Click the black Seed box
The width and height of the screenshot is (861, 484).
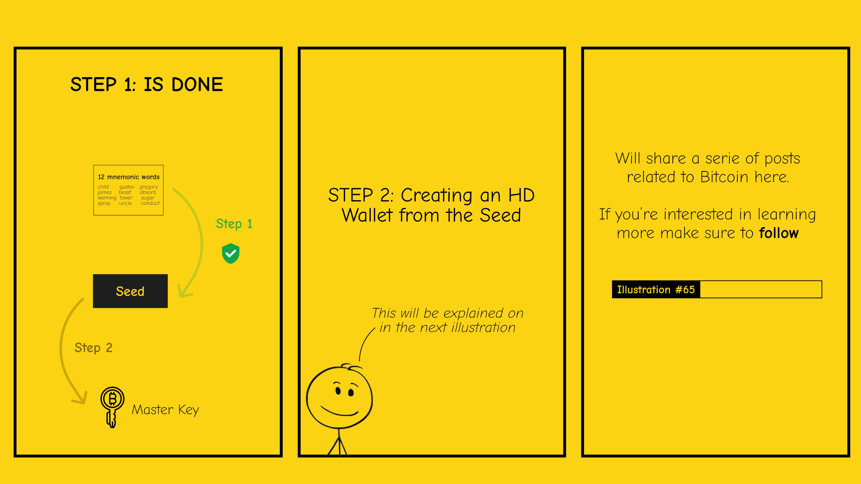tap(130, 291)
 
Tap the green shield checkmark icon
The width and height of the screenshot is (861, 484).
tap(231, 254)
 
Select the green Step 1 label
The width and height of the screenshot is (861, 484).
tap(234, 224)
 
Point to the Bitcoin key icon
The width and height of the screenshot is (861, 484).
tap(112, 407)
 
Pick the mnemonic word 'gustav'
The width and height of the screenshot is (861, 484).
tap(127, 187)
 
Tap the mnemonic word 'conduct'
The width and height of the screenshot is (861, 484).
tap(150, 203)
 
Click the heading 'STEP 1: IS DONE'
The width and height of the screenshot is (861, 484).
tap(146, 84)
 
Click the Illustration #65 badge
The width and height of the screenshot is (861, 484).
tap(656, 289)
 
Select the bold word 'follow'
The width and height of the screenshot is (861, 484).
tap(779, 233)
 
